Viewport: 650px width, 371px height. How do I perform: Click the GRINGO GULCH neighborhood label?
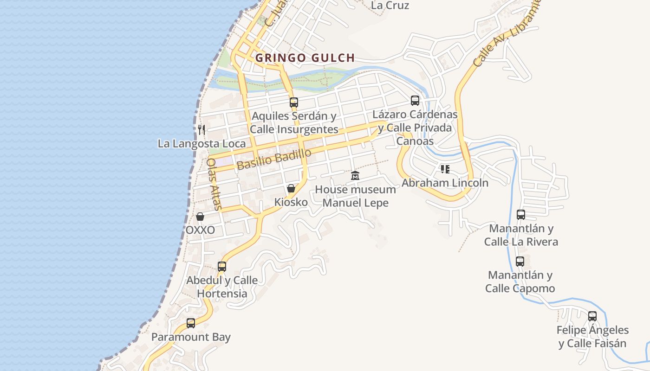point(305,58)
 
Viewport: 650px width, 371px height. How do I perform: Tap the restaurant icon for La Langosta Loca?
point(201,129)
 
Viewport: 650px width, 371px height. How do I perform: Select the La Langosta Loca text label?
point(201,143)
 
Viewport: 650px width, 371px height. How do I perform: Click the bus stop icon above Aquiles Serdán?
point(293,102)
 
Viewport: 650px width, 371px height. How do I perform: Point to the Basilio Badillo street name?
point(273,159)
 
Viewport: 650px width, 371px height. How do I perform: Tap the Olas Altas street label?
point(214,184)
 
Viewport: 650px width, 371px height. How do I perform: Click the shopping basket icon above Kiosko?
point(291,188)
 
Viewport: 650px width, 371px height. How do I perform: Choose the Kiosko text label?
point(291,202)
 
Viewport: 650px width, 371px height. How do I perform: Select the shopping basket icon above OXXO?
point(200,217)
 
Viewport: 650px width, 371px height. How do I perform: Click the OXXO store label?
point(200,230)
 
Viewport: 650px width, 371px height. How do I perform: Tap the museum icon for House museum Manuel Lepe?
point(355,175)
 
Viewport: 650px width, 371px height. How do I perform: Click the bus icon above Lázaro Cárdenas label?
point(415,100)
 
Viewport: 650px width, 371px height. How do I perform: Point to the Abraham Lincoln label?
point(445,183)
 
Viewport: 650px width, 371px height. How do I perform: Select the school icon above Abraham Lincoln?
point(445,169)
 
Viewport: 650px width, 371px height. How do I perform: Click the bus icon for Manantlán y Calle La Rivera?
point(521,215)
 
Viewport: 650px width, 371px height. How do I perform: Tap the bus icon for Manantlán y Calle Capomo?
point(520,262)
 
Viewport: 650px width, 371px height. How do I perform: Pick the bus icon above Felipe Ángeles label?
point(592,316)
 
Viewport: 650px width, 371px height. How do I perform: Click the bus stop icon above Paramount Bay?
point(191,323)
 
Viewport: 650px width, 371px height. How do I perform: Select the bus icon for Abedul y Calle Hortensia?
point(222,267)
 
